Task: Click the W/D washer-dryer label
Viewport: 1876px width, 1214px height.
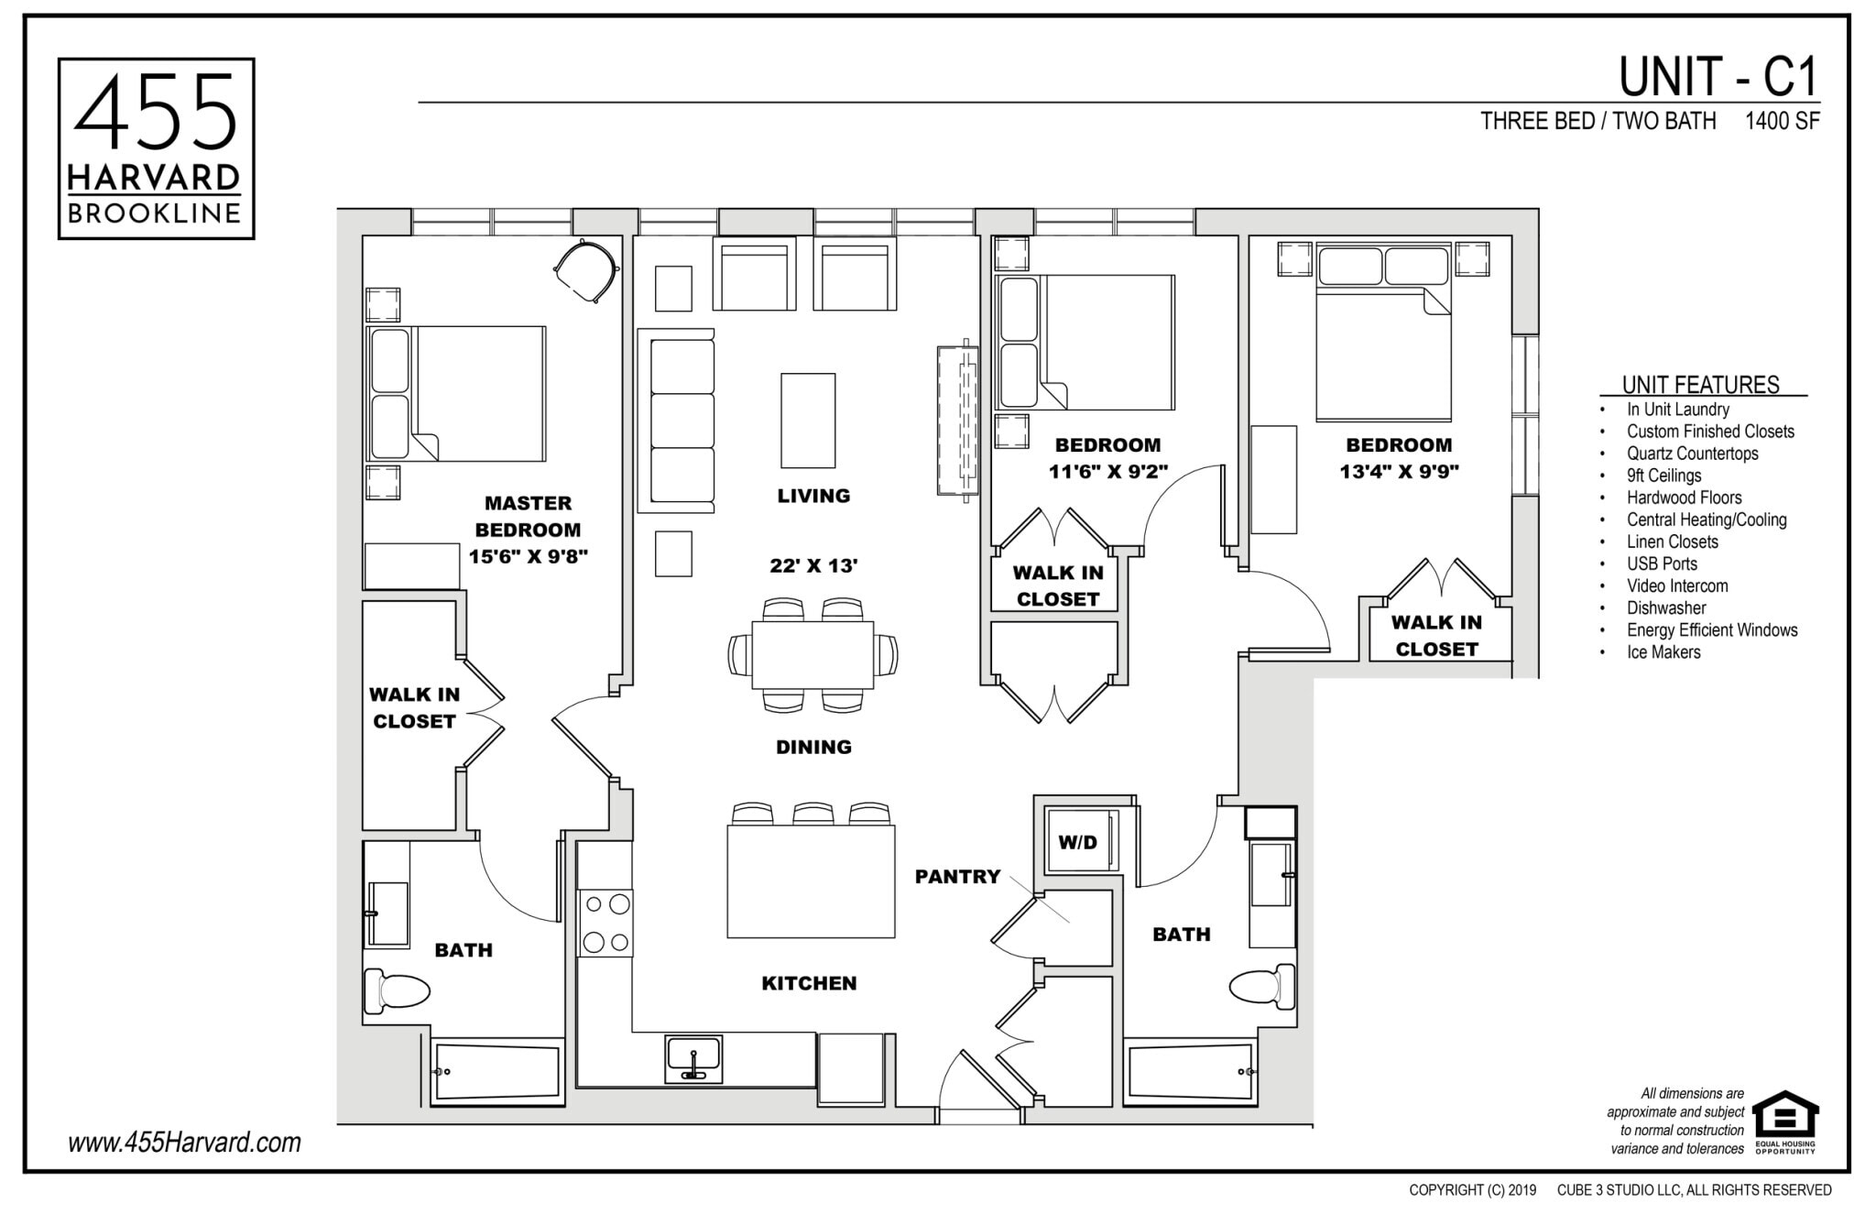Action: pyautogui.click(x=1077, y=842)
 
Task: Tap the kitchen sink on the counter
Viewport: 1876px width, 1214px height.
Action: pyautogui.click(x=693, y=1058)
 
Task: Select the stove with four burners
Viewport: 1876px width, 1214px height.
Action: pyautogui.click(x=605, y=923)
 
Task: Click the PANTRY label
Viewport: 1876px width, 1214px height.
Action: pyautogui.click(x=957, y=877)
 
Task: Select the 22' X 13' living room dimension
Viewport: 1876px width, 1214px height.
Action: pyautogui.click(x=813, y=565)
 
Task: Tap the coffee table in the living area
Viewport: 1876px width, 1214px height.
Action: pyautogui.click(x=807, y=420)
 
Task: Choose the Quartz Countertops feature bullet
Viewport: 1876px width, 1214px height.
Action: pyautogui.click(x=1692, y=454)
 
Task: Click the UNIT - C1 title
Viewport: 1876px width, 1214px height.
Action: pyautogui.click(x=1718, y=77)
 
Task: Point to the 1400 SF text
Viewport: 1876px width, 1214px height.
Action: pyautogui.click(x=1782, y=121)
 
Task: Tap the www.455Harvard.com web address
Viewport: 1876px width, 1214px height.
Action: pyautogui.click(x=184, y=1143)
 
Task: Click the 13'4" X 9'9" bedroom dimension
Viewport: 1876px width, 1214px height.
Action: pyautogui.click(x=1399, y=472)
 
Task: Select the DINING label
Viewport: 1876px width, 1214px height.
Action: pyautogui.click(x=813, y=747)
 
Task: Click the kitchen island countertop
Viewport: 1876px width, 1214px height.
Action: pyautogui.click(x=811, y=881)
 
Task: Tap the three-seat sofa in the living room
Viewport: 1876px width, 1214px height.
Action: pyautogui.click(x=682, y=420)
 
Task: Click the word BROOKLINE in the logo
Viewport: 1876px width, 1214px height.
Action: pyautogui.click(x=155, y=214)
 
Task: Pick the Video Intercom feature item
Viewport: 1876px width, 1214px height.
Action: pyautogui.click(x=1677, y=585)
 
